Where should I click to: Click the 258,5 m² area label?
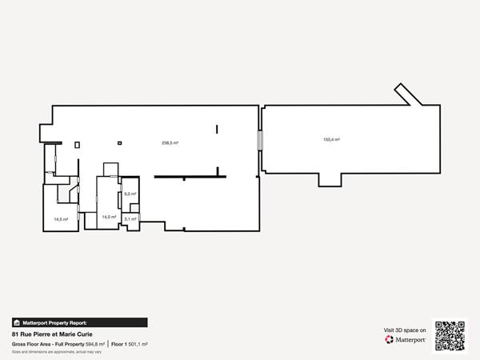point(170,142)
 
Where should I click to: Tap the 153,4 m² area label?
point(331,139)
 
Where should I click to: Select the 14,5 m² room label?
point(61,218)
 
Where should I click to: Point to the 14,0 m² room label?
point(109,216)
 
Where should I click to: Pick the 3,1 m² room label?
point(130,218)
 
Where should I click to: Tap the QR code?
point(450,335)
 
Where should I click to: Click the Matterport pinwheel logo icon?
point(390,340)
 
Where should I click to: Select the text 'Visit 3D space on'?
point(406,330)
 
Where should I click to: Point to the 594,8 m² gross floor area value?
point(96,344)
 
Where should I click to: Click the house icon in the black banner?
point(17,322)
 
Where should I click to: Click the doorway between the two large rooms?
point(258,139)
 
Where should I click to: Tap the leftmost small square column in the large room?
point(78,144)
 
